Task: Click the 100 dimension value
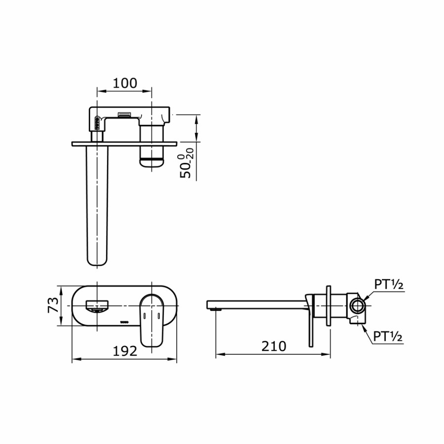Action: [x=125, y=83]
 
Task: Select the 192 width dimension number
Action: [x=125, y=351]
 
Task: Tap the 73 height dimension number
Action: [x=53, y=305]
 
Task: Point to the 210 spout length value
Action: [x=274, y=346]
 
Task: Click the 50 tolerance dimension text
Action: [x=186, y=163]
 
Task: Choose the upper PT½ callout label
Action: [x=389, y=284]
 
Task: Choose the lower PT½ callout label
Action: [x=388, y=336]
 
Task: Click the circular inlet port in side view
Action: [x=357, y=306]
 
